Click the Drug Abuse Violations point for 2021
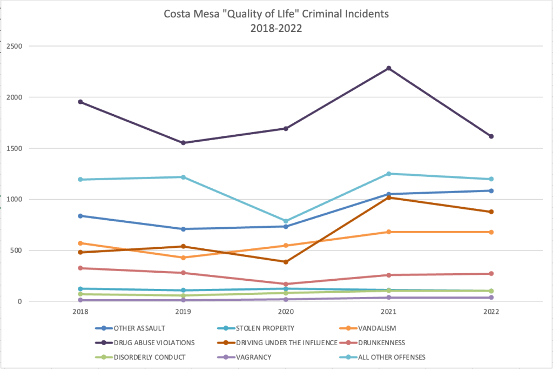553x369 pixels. (x=388, y=68)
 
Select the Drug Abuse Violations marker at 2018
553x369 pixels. (x=80, y=102)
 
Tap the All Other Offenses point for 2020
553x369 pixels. (x=286, y=221)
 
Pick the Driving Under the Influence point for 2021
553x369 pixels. (x=388, y=197)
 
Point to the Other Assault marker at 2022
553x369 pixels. (x=491, y=190)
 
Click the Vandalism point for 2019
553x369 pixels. (x=183, y=258)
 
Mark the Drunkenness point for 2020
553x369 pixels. (x=286, y=284)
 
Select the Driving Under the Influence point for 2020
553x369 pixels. (x=286, y=262)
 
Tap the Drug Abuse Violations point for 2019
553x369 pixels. (x=183, y=143)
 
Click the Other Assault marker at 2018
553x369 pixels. (x=80, y=216)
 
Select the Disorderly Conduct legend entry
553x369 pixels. (x=150, y=357)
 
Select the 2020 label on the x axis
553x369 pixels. (x=286, y=312)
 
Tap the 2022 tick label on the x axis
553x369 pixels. (x=491, y=312)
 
